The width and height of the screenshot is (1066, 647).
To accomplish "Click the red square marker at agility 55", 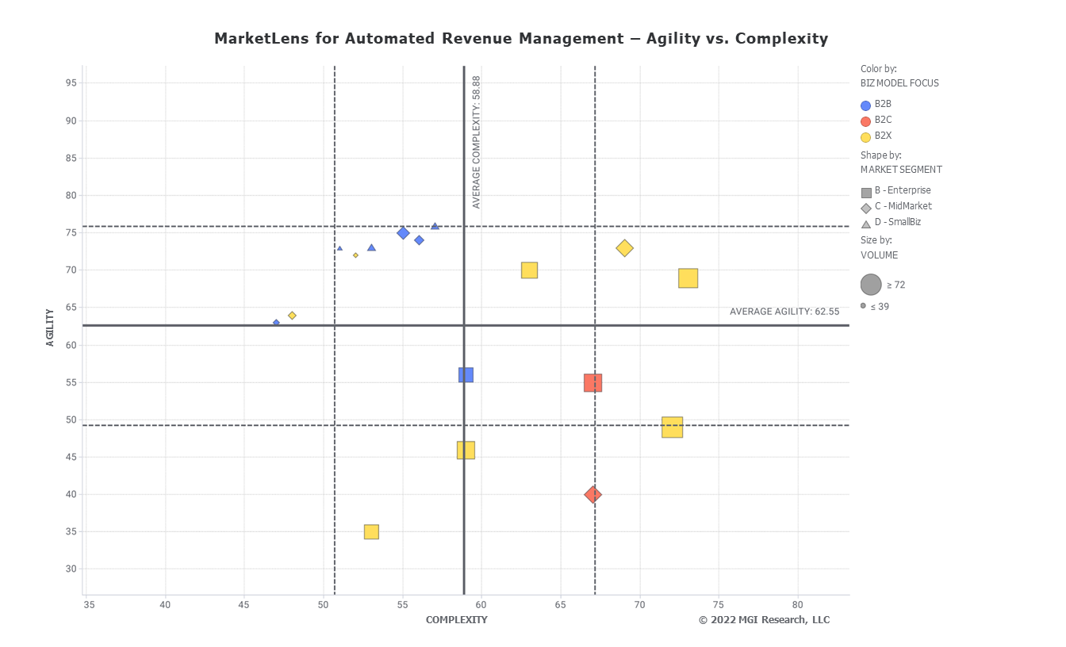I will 592,383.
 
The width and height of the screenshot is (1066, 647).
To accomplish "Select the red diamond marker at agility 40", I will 592,495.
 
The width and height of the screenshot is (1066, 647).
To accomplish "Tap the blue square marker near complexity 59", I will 466,375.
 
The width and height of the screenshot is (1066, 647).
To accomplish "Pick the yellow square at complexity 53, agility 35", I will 371,532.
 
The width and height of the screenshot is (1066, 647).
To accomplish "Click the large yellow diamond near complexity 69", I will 624,248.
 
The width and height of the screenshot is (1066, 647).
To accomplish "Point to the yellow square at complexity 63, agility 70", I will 529,270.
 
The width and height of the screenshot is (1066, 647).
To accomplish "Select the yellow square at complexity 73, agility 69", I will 688,278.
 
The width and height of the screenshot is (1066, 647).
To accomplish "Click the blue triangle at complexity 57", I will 435,227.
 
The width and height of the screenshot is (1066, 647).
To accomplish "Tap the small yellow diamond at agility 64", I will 292,316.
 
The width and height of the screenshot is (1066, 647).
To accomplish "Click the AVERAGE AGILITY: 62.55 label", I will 784,312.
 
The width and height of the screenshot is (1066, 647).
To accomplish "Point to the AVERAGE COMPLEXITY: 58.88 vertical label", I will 477,143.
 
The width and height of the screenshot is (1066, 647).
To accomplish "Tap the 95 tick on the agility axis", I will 71,83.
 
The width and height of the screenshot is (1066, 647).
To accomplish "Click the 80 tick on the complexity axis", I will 798,605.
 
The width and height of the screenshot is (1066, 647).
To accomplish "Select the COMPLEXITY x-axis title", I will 456,620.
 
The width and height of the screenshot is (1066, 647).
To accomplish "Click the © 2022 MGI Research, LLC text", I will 764,620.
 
